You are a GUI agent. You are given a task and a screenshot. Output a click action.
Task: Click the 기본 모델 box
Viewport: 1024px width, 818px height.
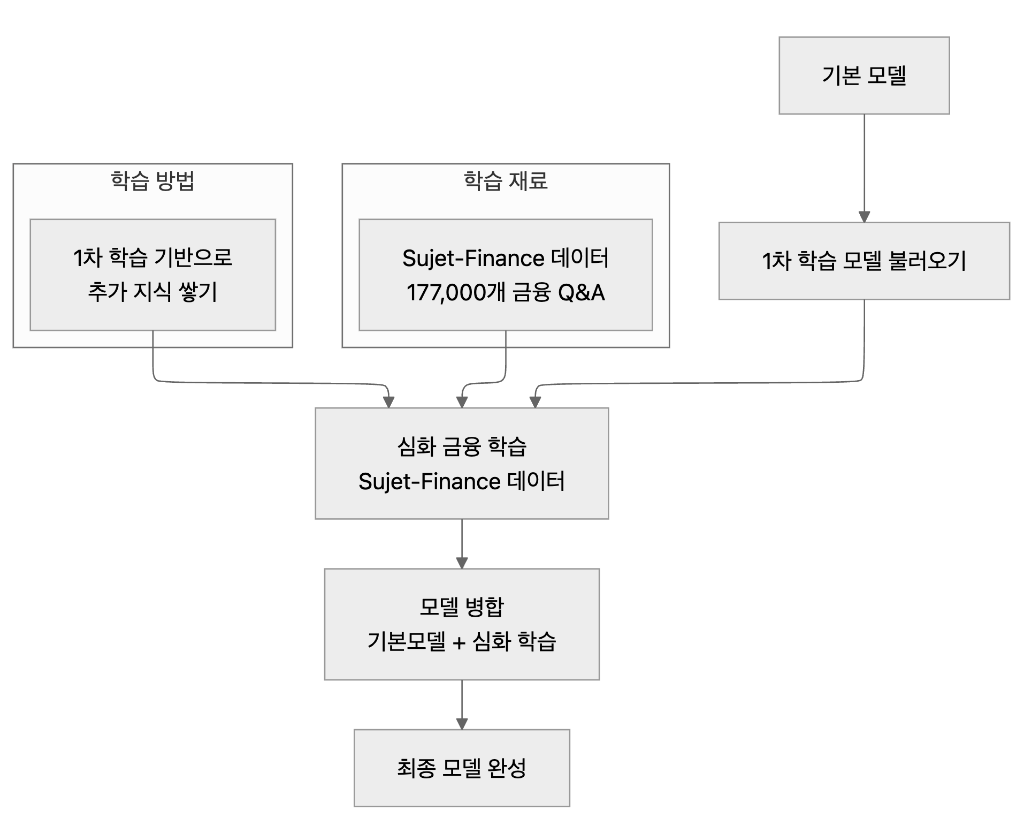(x=863, y=75)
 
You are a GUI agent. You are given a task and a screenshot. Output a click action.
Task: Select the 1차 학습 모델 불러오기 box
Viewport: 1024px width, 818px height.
(x=863, y=261)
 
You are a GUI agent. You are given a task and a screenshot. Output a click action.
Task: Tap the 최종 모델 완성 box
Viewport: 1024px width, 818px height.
(x=461, y=768)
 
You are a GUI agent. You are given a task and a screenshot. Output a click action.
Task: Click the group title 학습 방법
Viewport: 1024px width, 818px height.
(x=152, y=181)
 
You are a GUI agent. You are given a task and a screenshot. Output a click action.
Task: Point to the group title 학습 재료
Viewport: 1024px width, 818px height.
(x=505, y=181)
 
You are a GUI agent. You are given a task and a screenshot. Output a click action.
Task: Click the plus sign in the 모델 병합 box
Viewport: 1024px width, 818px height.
(x=458, y=642)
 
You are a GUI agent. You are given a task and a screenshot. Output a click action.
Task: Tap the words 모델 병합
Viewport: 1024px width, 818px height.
(x=461, y=607)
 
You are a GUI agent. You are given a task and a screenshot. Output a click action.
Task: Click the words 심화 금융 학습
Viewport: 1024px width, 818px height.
(x=461, y=446)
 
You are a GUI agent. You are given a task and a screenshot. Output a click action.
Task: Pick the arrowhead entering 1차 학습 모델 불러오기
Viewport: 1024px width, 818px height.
(x=864, y=217)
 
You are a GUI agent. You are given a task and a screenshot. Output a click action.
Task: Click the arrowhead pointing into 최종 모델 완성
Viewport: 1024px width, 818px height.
(x=462, y=724)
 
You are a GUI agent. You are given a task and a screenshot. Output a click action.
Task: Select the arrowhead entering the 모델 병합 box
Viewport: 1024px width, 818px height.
(x=462, y=563)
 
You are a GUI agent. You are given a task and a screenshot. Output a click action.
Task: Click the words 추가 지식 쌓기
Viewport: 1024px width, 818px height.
(x=152, y=292)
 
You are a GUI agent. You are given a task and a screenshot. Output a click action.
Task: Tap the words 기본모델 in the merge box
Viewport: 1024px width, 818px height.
(x=406, y=641)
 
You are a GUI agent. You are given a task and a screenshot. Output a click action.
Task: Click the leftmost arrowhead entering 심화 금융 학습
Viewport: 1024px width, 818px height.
(x=389, y=402)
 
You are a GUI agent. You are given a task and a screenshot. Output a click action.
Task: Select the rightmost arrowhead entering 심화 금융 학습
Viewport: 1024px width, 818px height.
(x=535, y=402)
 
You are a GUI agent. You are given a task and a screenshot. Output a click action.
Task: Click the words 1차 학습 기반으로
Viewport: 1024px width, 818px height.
(x=152, y=257)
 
